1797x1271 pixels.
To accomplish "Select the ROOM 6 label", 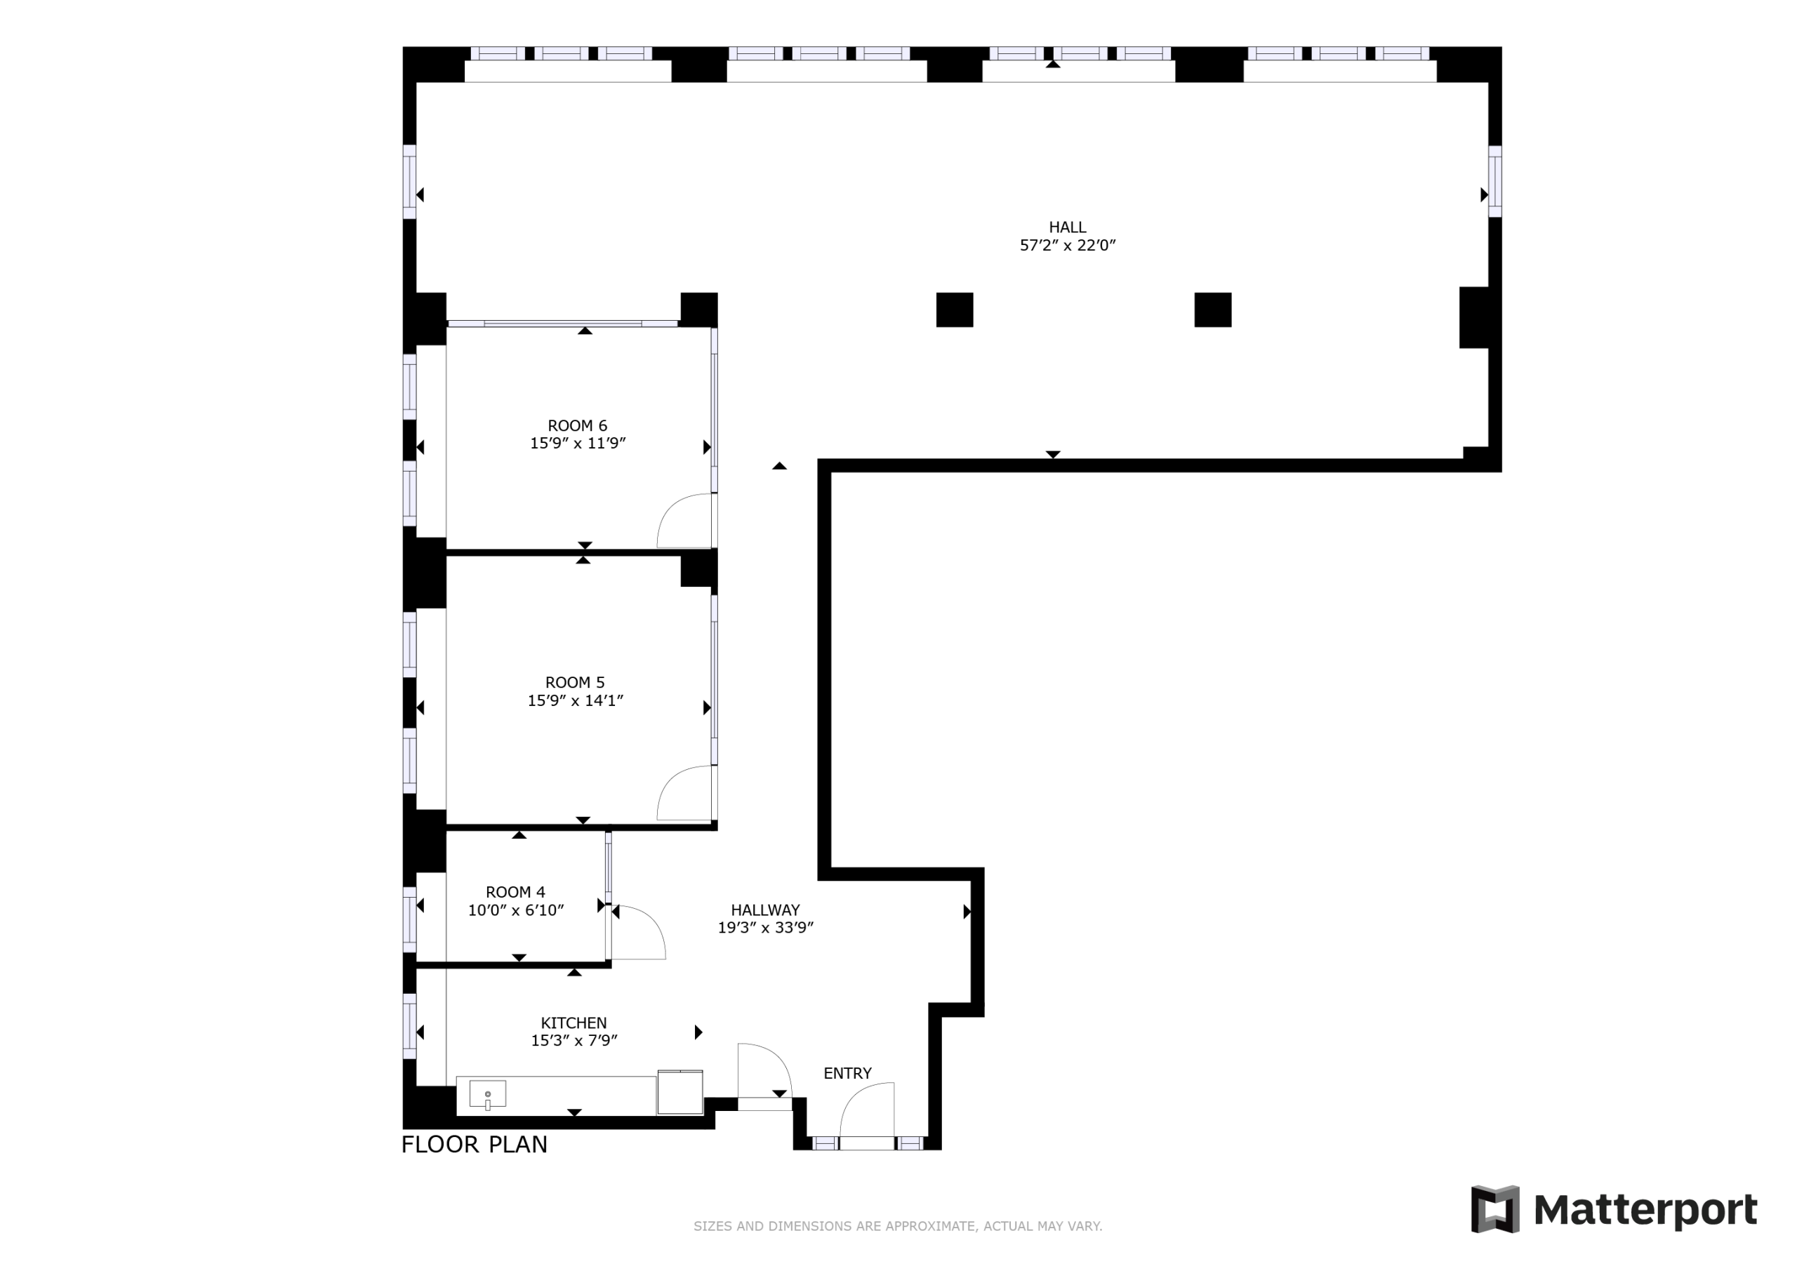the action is coord(577,426).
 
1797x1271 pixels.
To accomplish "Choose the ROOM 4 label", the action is coord(515,892).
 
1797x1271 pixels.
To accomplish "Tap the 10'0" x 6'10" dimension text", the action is coord(515,910).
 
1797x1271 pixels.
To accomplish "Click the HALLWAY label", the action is coord(764,910).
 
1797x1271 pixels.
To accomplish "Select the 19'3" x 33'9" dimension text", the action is coord(764,927).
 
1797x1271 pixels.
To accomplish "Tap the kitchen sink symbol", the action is coord(487,1093).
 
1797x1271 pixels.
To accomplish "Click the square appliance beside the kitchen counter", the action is coord(679,1092).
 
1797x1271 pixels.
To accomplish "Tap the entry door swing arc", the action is coord(855,1096).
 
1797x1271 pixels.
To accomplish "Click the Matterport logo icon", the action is coord(1495,1209).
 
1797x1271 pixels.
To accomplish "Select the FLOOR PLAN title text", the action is coord(474,1144).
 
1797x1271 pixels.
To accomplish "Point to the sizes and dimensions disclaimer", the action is coord(898,1225).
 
